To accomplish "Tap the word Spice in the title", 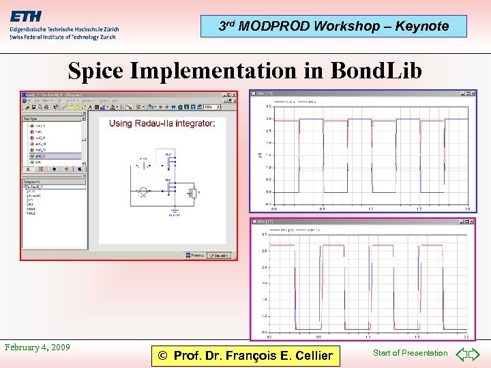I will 100,71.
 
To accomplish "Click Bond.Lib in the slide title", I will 376,71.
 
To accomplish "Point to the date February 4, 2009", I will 37,348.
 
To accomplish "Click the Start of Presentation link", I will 410,353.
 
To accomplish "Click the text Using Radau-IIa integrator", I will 162,123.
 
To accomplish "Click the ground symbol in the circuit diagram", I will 175,211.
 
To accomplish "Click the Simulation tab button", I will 218,256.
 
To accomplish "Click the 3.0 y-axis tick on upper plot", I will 269,119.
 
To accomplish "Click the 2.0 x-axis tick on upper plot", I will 466,209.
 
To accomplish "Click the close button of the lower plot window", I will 471,222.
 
